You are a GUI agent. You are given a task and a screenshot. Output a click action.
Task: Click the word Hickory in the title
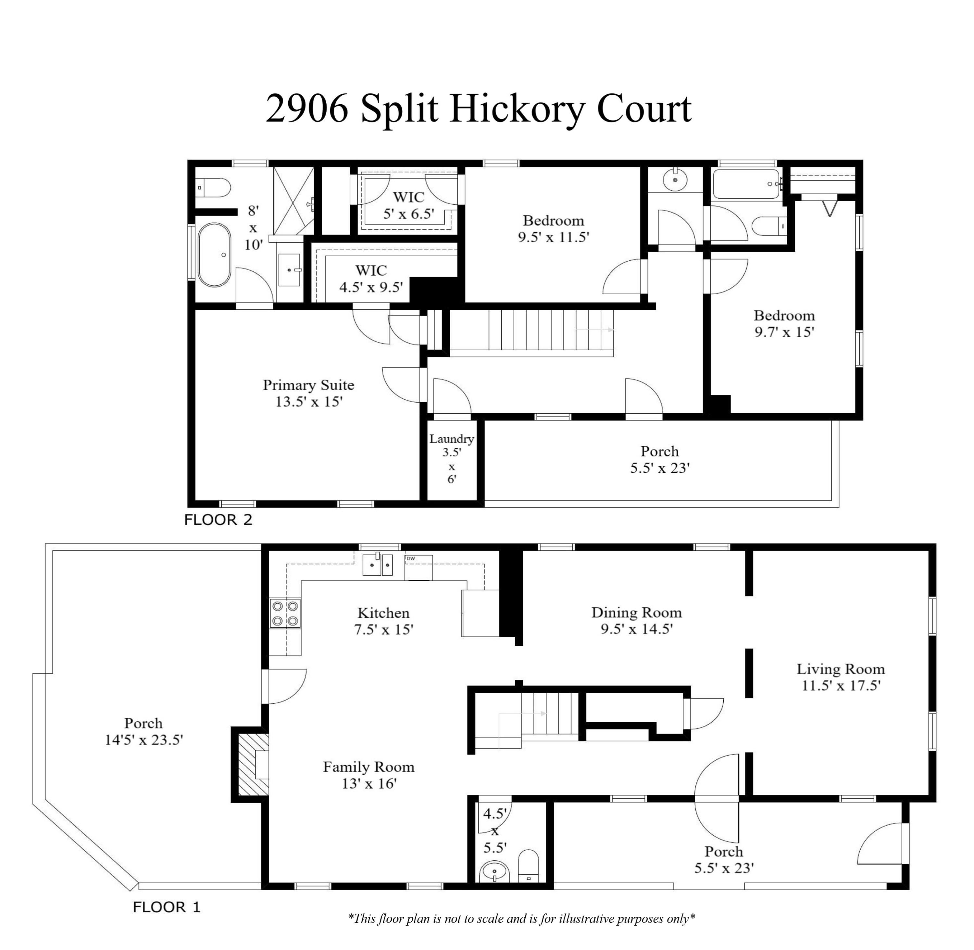coord(516,110)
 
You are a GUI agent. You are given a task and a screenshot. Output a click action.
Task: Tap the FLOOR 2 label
coord(218,520)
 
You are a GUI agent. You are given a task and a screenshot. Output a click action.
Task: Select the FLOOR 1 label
coord(166,907)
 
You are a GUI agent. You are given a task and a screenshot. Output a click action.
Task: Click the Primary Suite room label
coord(308,385)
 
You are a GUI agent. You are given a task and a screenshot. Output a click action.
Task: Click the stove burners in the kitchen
coord(285,614)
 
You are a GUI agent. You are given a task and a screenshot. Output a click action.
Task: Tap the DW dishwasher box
coord(418,567)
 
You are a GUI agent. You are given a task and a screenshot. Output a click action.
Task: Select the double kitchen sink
coord(377,565)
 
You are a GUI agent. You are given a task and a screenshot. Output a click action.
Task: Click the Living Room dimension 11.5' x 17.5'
coord(841,686)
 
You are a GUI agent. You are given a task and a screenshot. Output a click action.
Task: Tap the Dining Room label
coord(636,612)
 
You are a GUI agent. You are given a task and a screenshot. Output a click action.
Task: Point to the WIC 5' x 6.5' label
coord(408,205)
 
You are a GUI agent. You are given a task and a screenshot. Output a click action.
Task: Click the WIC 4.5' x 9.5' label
coord(371,279)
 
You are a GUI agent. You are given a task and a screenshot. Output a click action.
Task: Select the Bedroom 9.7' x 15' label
coord(784,323)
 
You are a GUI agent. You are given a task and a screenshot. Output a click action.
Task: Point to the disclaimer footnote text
coord(521,919)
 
